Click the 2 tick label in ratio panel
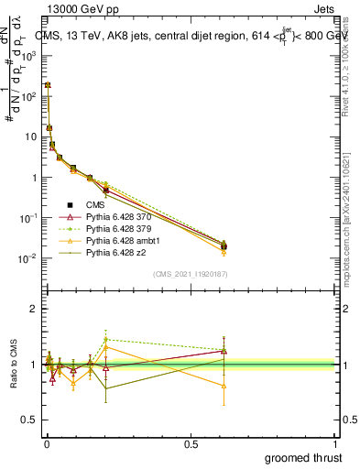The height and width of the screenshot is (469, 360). (x=32, y=309)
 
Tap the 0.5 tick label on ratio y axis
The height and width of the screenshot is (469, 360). (x=27, y=420)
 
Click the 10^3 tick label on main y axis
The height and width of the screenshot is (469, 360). (x=27, y=56)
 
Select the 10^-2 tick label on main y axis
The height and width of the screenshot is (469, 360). (x=27, y=258)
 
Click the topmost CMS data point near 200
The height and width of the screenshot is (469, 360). (x=48, y=84)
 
